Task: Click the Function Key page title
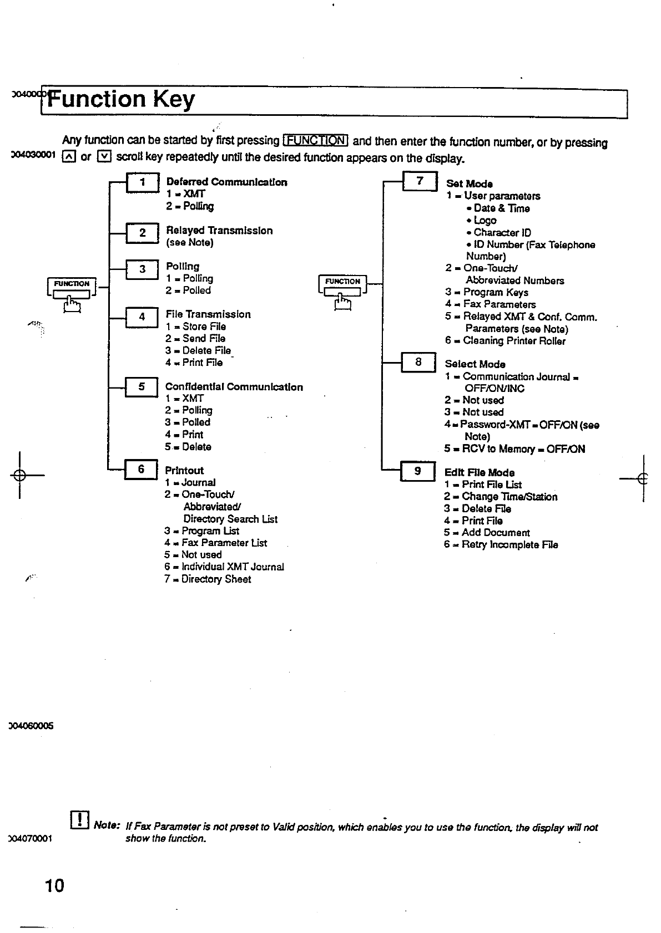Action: click(x=121, y=100)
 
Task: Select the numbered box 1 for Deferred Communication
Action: click(x=143, y=182)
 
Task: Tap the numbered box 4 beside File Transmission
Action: click(x=142, y=317)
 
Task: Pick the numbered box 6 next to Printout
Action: click(x=141, y=470)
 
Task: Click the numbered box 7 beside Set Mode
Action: click(x=420, y=181)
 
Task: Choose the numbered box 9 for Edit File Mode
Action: click(x=417, y=471)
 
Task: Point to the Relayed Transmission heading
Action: click(x=219, y=231)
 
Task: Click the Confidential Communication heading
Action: click(x=234, y=387)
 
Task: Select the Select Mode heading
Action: click(x=475, y=364)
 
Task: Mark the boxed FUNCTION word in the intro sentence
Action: click(x=315, y=140)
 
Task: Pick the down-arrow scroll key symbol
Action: click(x=104, y=157)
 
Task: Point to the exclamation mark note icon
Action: click(x=80, y=820)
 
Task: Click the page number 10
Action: click(x=54, y=885)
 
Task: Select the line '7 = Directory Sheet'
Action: click(x=208, y=579)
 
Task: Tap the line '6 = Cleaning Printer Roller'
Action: click(x=505, y=341)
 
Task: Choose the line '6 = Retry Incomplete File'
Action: click(x=501, y=545)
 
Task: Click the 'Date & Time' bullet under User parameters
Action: click(x=498, y=208)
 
